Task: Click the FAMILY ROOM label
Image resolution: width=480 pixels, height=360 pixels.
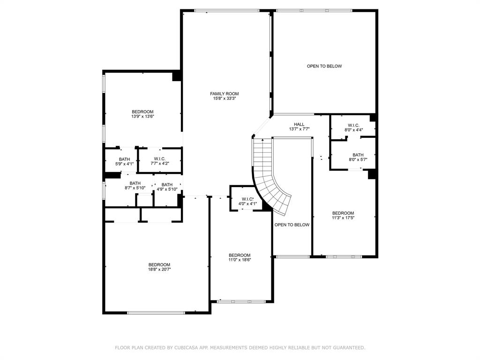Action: [224, 94]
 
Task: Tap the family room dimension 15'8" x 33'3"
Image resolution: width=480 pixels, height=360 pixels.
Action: [224, 99]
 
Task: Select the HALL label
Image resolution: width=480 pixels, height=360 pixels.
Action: [299, 124]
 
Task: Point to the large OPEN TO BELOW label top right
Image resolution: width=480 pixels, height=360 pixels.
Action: [324, 66]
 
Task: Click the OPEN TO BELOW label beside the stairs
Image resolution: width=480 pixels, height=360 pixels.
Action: [292, 225]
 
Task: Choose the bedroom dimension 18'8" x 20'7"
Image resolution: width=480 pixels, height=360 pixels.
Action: [159, 270]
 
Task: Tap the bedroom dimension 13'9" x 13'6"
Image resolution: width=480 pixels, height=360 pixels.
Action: [142, 117]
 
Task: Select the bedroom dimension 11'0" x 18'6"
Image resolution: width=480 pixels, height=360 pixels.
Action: [240, 260]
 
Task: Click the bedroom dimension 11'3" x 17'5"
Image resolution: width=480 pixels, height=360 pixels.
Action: [343, 218]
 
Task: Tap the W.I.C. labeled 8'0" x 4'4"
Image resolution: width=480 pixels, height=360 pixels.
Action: [353, 127]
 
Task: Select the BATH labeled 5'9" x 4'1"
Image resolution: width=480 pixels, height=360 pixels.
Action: [124, 162]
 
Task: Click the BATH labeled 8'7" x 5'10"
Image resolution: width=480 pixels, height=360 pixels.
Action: [135, 186]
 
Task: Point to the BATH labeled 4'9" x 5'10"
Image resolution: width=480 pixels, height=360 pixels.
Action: [167, 187]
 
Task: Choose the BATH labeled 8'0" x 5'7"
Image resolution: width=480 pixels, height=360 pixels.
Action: [358, 157]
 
